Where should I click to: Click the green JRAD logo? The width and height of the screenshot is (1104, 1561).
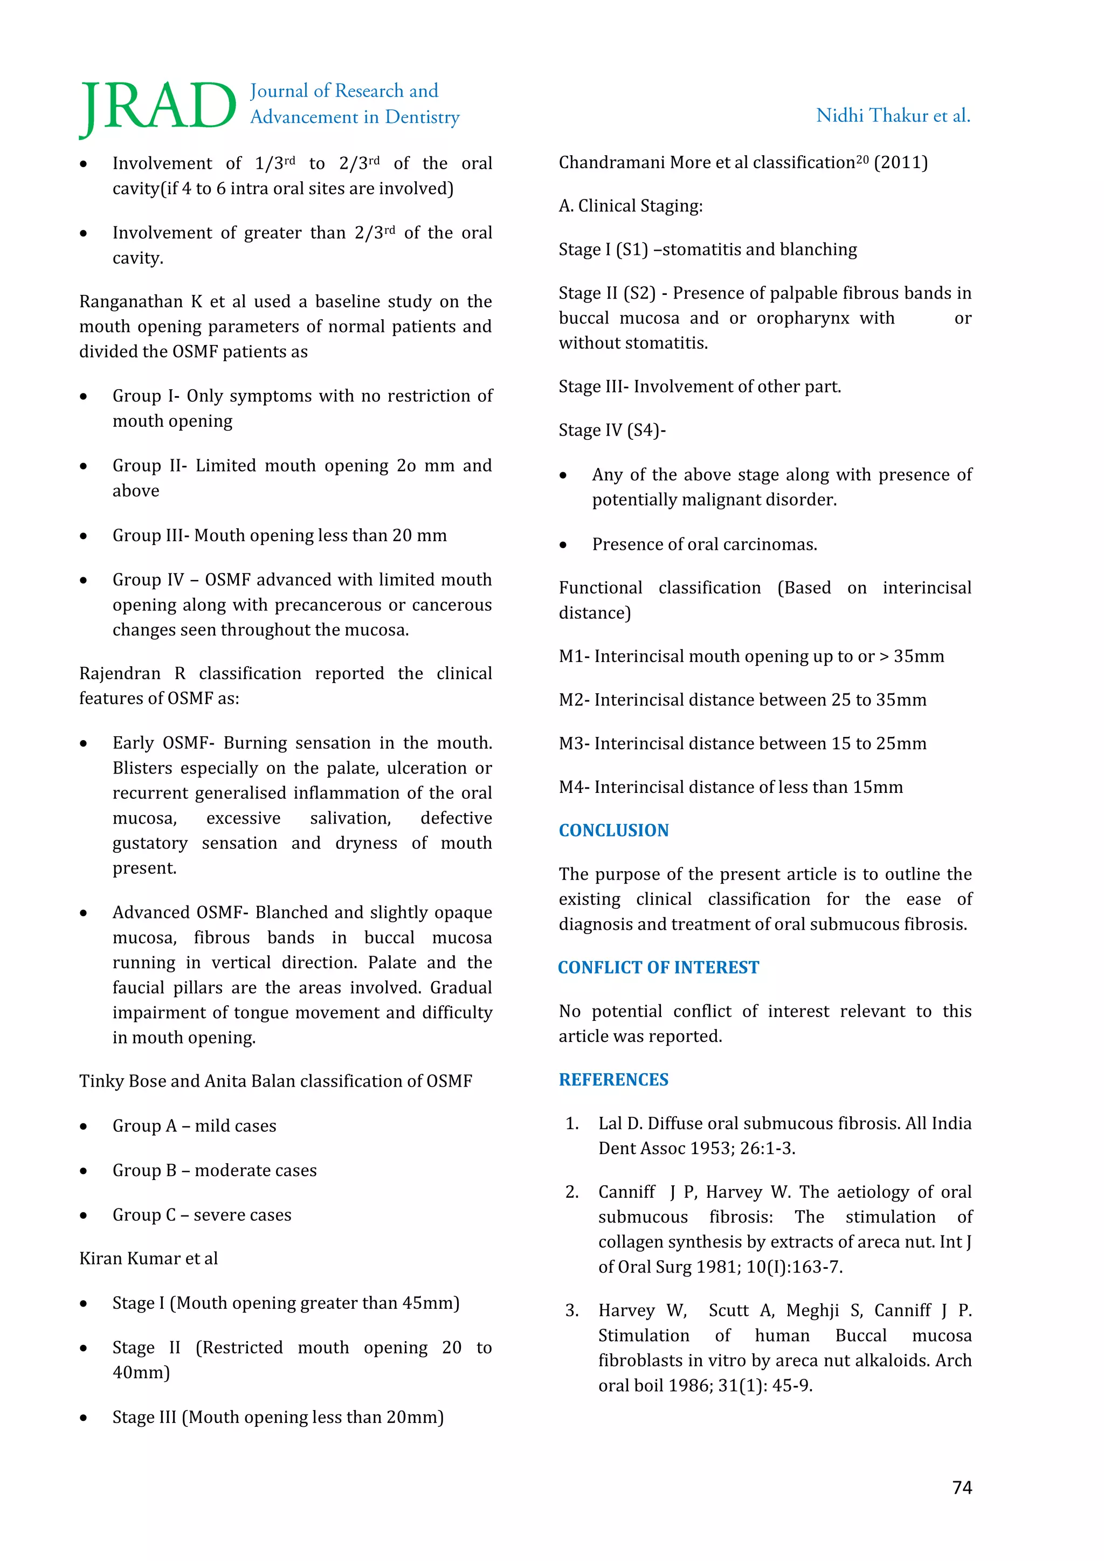pyautogui.click(x=158, y=107)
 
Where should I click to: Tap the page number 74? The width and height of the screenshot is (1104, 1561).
pyautogui.click(x=962, y=1488)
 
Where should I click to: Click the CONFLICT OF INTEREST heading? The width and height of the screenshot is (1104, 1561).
pyautogui.click(x=658, y=968)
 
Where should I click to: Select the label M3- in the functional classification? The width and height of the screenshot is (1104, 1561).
pyautogui.click(x=575, y=744)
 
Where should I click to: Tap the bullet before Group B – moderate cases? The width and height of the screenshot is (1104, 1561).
pyautogui.click(x=84, y=1171)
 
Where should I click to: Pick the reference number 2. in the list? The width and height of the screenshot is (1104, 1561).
pyautogui.click(x=572, y=1192)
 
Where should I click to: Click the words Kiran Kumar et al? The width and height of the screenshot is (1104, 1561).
pyautogui.click(x=148, y=1259)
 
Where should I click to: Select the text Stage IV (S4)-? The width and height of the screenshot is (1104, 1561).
pyautogui.click(x=612, y=430)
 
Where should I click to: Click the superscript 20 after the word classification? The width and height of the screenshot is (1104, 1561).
pyautogui.click(x=862, y=159)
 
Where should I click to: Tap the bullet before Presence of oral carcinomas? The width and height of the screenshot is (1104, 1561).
pyautogui.click(x=563, y=545)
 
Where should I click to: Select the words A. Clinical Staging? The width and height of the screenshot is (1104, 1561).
pyautogui.click(x=630, y=206)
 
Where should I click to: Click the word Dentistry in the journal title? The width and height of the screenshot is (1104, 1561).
pyautogui.click(x=422, y=118)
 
